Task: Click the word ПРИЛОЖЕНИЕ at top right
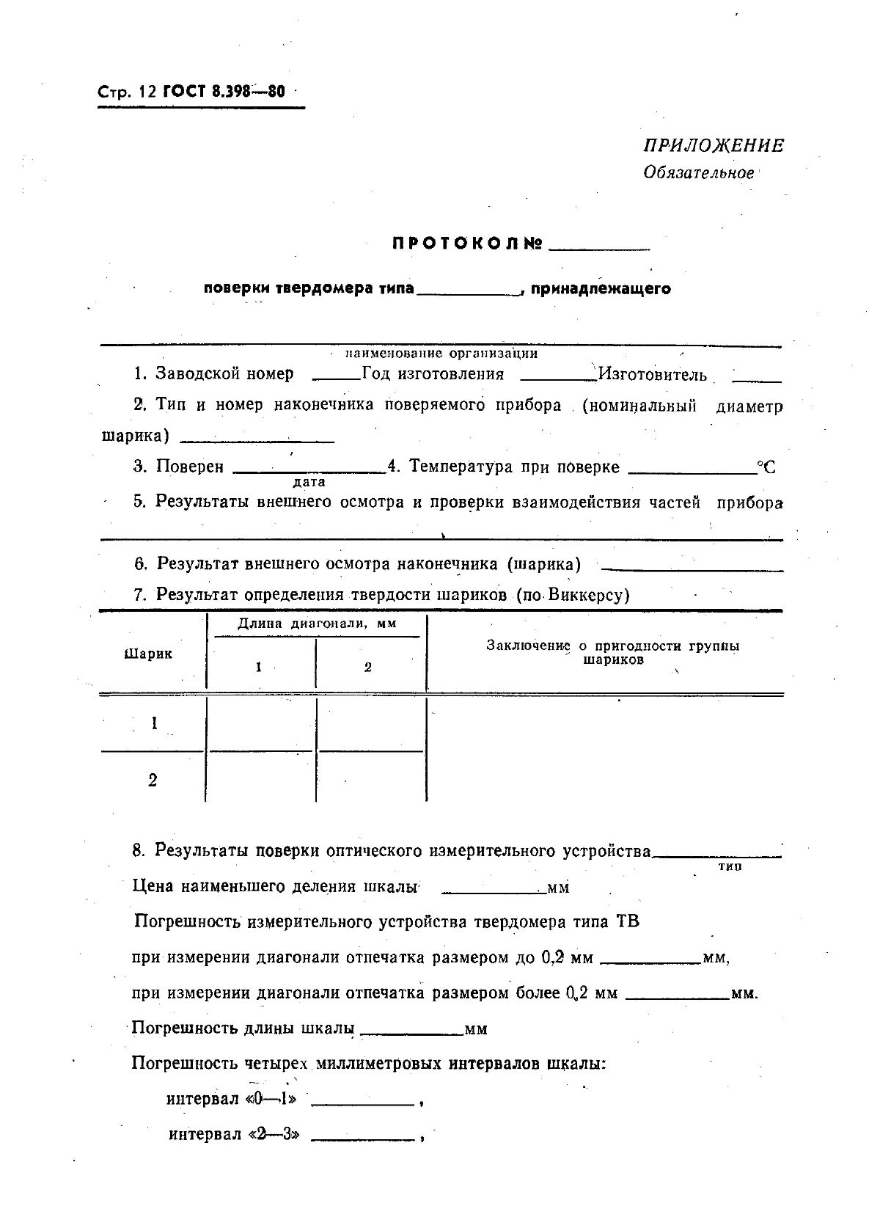click(714, 146)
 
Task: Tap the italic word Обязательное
click(698, 173)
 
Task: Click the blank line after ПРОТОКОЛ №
click(599, 248)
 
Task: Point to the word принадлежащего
click(600, 289)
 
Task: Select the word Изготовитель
click(652, 375)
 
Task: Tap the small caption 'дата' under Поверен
click(309, 483)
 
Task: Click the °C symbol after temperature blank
click(766, 467)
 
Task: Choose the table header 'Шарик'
click(149, 654)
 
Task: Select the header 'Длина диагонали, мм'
click(317, 624)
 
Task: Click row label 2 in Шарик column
click(153, 781)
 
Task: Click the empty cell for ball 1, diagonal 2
click(371, 723)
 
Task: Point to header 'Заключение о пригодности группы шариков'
click(613, 652)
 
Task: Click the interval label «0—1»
click(273, 1100)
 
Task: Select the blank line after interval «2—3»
click(364, 1139)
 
